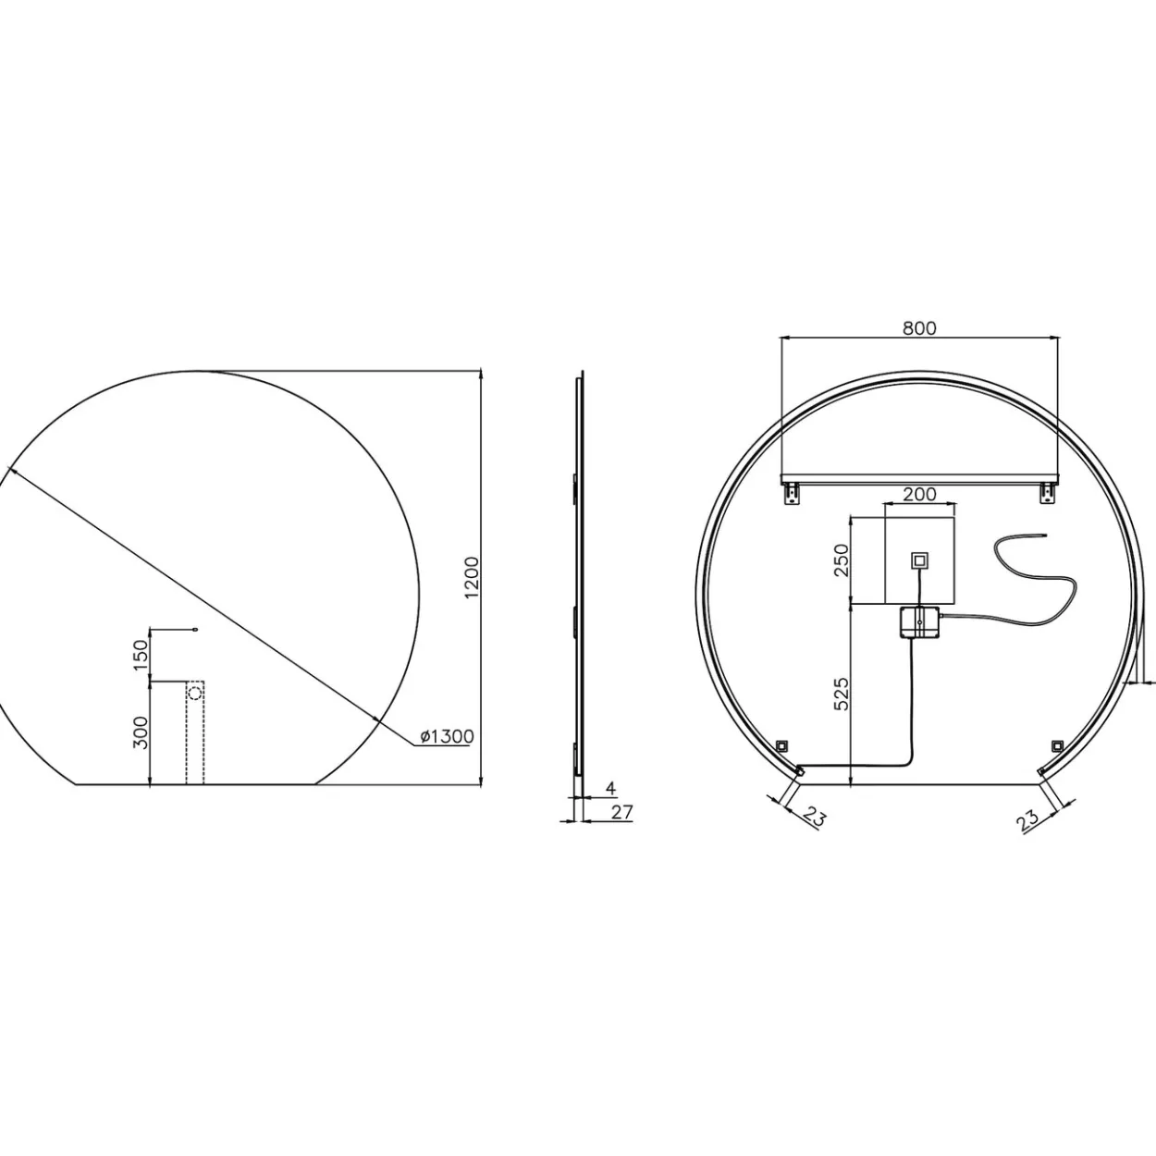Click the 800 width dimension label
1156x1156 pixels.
coord(919,328)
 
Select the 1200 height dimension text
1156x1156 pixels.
coord(473,577)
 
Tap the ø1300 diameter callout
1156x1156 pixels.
coord(447,736)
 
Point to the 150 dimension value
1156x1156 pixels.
coord(140,655)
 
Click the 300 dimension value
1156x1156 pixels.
coord(140,732)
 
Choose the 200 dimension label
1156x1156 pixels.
coord(919,495)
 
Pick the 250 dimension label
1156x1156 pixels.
coord(842,560)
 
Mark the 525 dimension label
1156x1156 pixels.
coord(842,694)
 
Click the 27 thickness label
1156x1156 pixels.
coord(622,812)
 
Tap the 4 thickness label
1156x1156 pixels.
coord(610,788)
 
